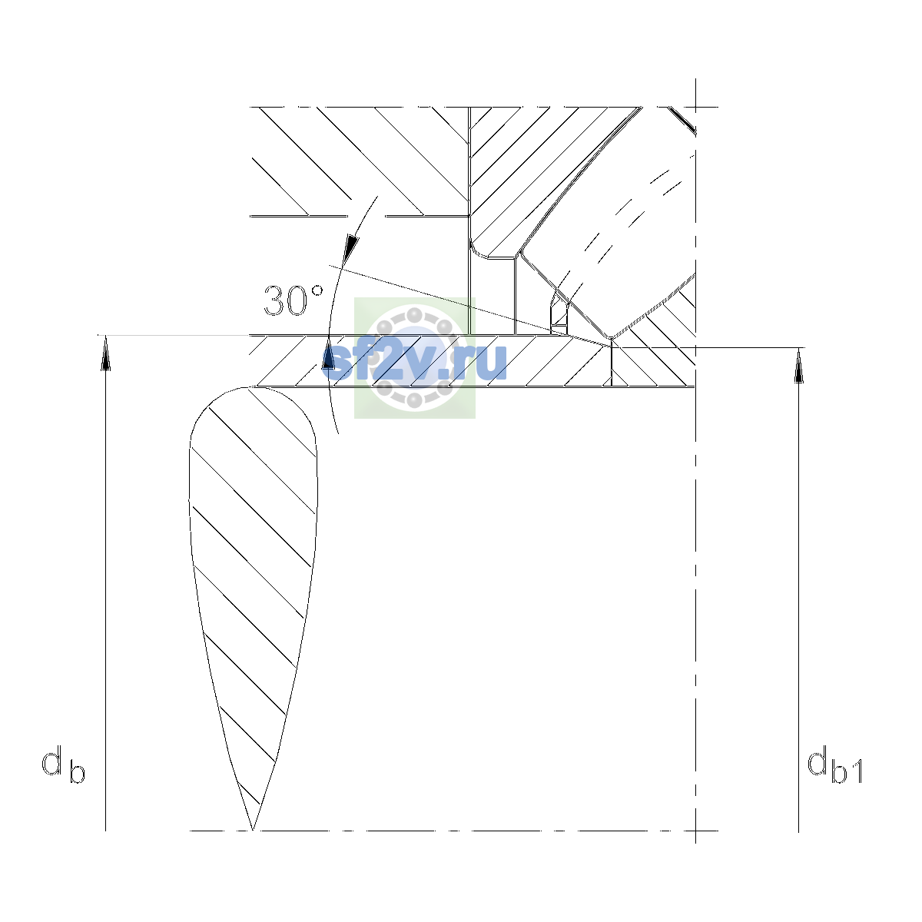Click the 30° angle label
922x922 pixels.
(294, 300)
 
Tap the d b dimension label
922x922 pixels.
(63, 764)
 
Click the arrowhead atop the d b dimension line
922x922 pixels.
(105, 353)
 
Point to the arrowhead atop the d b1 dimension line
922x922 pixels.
(798, 366)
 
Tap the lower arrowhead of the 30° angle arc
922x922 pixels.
(328, 354)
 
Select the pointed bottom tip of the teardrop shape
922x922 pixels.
(252, 830)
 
